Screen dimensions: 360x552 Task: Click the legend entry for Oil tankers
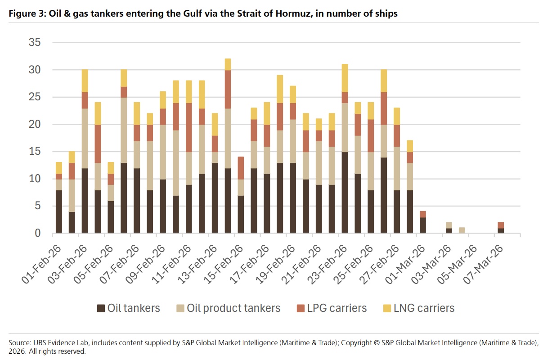tap(129, 308)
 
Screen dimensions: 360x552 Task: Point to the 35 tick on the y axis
tap(35, 43)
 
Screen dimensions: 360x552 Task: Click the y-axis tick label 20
tap(35, 124)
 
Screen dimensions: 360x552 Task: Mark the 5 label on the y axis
tap(38, 206)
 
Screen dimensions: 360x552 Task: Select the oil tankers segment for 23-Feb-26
tap(345, 192)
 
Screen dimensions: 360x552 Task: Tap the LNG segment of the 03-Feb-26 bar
tap(84, 81)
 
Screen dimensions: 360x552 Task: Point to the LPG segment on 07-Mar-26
tap(501, 225)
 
